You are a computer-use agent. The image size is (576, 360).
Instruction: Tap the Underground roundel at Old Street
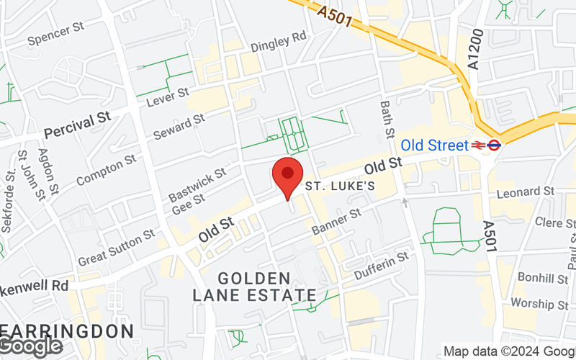494,145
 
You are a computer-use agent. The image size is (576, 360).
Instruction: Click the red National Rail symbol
478,145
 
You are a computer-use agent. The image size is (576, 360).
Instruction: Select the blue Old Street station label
434,145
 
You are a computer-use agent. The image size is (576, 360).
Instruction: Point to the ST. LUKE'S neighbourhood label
341,186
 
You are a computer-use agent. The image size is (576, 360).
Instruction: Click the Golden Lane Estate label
254,287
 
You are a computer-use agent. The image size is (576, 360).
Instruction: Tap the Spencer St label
57,34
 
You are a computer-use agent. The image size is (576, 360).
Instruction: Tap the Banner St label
336,222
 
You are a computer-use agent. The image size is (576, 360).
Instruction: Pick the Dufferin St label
382,266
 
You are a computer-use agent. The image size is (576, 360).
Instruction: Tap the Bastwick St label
197,184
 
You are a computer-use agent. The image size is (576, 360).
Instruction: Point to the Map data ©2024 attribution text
508,351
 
